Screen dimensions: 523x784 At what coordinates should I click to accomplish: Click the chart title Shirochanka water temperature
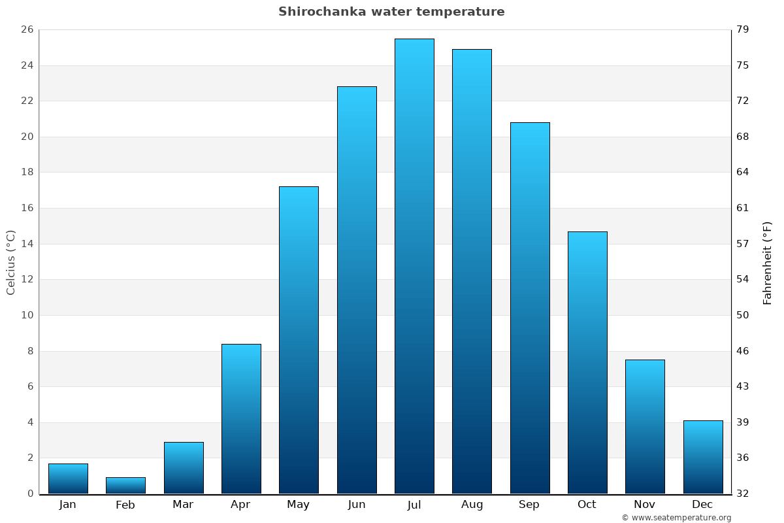[x=391, y=12]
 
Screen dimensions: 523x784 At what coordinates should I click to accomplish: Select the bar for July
[x=414, y=266]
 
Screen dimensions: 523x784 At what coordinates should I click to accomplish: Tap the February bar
[x=125, y=485]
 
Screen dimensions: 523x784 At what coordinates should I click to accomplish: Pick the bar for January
[x=68, y=479]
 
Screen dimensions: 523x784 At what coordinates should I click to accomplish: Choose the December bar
[x=703, y=457]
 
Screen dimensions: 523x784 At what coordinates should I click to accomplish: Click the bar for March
[x=184, y=467]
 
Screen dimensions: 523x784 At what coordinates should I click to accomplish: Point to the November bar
[x=645, y=426]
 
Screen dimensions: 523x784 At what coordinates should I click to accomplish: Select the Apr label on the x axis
[x=240, y=505]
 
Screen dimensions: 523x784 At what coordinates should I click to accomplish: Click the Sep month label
[x=529, y=505]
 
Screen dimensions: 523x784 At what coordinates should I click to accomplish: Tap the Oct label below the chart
[x=587, y=505]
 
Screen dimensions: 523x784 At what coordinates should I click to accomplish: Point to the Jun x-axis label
[x=357, y=505]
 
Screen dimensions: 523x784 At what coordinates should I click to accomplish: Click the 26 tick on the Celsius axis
[x=27, y=30]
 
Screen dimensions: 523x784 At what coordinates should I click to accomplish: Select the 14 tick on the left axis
[x=27, y=244]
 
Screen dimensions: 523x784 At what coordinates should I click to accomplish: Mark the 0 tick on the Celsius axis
[x=30, y=494]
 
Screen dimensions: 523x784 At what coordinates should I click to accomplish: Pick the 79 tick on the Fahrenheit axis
[x=743, y=30]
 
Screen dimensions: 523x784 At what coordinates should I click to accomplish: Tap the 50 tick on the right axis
[x=743, y=315]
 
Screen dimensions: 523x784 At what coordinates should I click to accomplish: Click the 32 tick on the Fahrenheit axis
[x=743, y=494]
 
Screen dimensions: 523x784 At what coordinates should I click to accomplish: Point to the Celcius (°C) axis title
[x=11, y=262]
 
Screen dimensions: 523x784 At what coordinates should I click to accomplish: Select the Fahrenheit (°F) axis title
[x=768, y=262]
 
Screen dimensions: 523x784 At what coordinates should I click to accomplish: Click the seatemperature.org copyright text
[x=676, y=518]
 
